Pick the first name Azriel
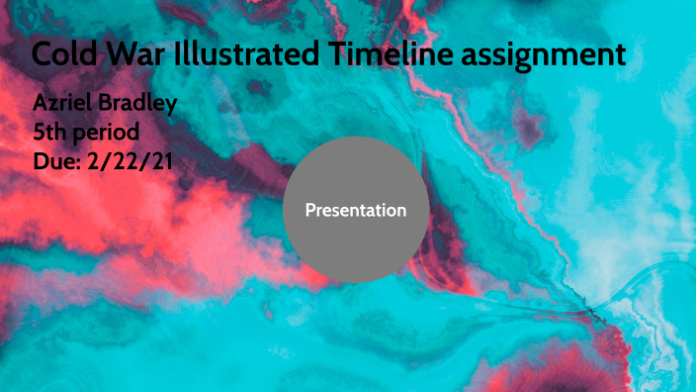tap(65, 104)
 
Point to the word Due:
tap(56, 159)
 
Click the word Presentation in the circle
tap(356, 210)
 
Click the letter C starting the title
tap(43, 53)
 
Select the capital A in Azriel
tap(41, 104)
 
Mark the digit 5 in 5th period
tap(39, 132)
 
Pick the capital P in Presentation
tap(310, 210)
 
